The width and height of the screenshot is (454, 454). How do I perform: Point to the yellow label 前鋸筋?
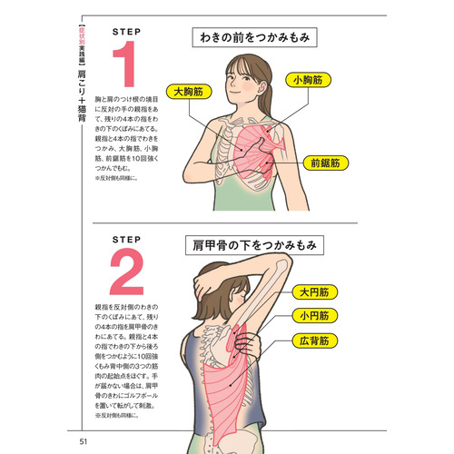[x=323, y=163]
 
